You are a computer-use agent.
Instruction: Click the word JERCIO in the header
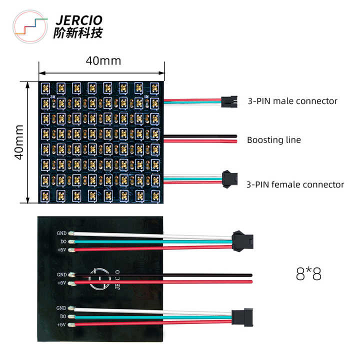pos(78,20)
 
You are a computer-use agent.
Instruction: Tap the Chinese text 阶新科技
pos(77,33)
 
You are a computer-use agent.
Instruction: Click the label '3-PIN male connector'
pos(292,101)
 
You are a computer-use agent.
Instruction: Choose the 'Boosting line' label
pos(274,140)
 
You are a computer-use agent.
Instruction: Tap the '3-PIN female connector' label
pos(295,184)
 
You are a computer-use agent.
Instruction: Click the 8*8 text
pos(308,274)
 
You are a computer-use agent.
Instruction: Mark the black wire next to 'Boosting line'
pos(200,135)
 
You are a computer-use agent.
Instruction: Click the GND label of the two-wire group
pos(62,274)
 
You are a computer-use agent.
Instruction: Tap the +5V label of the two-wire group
pos(62,283)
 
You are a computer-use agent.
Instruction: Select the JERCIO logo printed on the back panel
pos(100,278)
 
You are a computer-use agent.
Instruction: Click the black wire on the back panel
pos(165,274)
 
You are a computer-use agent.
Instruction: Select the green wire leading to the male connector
pos(192,102)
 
